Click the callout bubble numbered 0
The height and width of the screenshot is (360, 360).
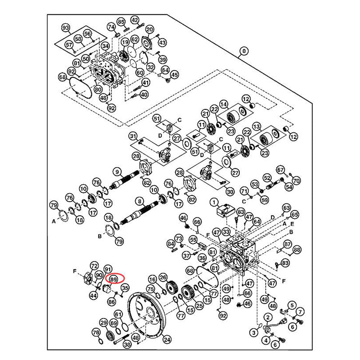(244, 51)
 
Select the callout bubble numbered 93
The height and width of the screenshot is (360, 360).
(67, 28)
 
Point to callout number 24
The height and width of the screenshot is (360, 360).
(167, 340)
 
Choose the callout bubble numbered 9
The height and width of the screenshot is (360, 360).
(117, 171)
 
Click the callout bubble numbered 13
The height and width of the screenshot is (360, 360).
(257, 126)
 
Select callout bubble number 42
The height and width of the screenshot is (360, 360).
(135, 20)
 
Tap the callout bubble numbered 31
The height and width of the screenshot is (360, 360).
(133, 136)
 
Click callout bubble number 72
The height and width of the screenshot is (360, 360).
(94, 265)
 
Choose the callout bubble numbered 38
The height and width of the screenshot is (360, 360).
(127, 345)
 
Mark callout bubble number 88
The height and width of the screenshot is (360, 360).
(297, 249)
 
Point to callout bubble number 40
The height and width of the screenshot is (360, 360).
(144, 95)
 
